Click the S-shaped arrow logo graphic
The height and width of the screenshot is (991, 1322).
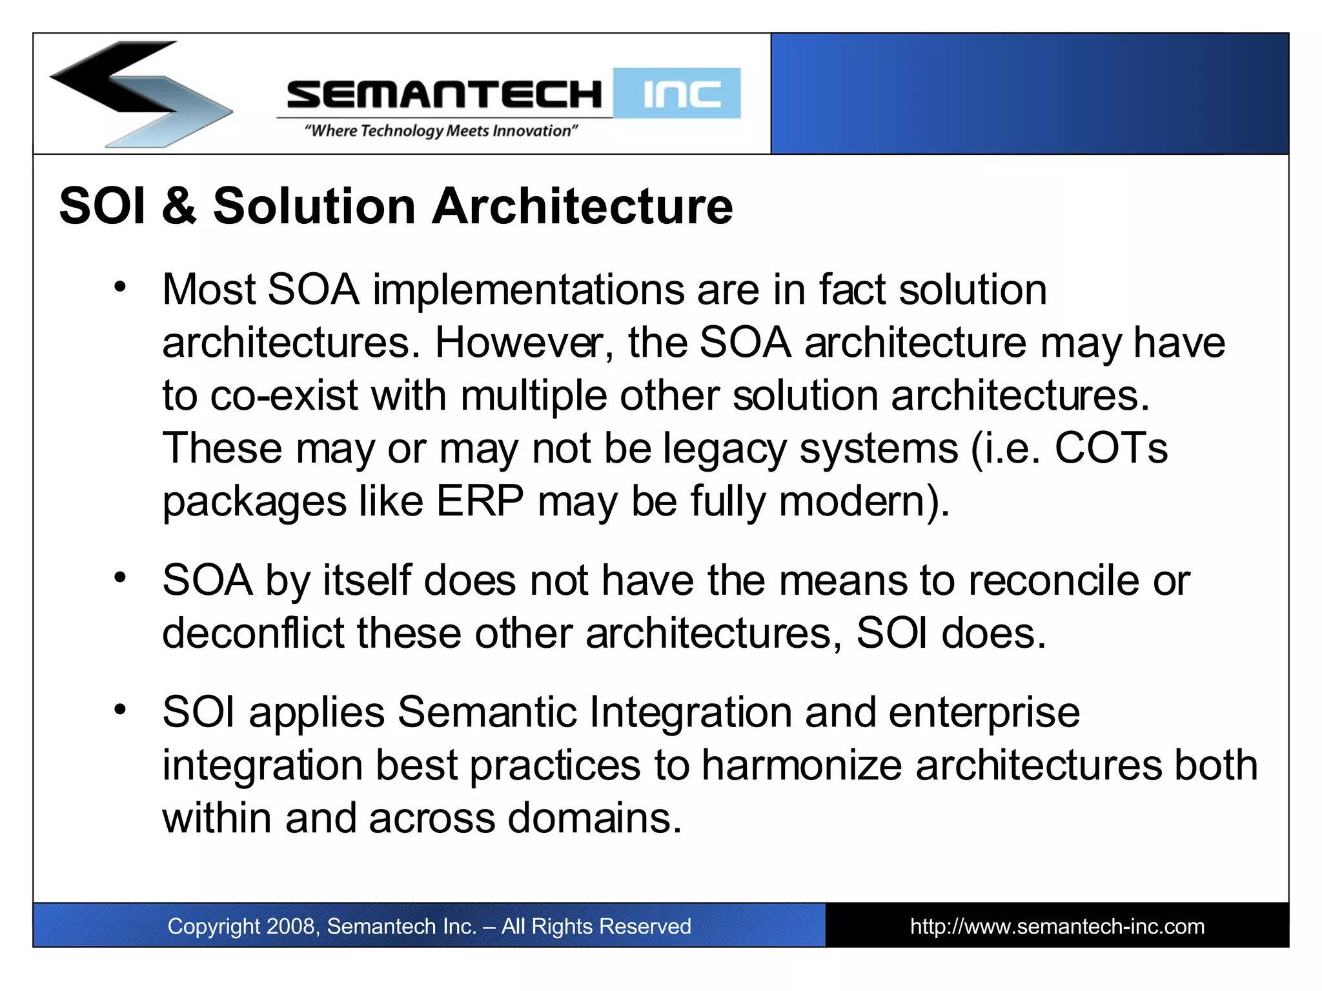(139, 94)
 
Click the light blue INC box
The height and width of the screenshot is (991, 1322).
(677, 94)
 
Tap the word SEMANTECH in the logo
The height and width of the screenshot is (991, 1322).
(444, 95)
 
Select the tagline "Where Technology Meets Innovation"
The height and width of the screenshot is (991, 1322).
(441, 131)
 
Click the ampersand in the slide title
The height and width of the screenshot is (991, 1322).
(179, 206)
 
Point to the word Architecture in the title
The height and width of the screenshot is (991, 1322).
(582, 206)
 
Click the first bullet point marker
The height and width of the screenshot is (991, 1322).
(120, 286)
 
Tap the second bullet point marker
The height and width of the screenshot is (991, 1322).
(120, 577)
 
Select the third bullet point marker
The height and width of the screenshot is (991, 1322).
(120, 710)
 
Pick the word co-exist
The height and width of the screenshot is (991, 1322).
(283, 395)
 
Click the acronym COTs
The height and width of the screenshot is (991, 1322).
(1110, 448)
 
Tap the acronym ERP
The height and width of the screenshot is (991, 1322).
(480, 501)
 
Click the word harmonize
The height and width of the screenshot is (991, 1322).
(801, 766)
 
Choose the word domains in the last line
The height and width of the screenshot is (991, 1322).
(594, 819)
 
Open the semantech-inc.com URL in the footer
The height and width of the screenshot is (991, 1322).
(1057, 926)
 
